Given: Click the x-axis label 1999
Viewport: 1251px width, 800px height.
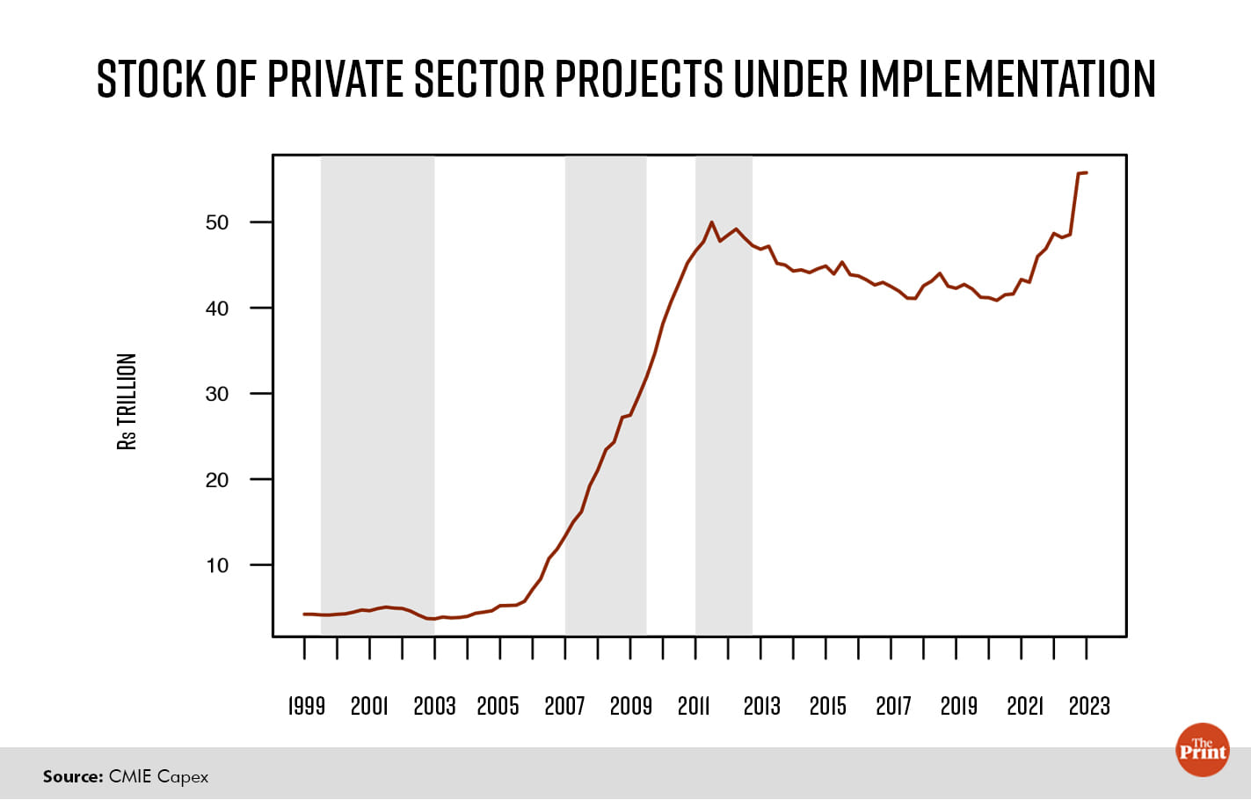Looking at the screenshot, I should (x=307, y=706).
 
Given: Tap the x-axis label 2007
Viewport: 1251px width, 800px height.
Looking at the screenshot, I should (x=564, y=706).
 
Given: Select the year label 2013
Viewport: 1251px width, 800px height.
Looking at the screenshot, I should (x=761, y=706).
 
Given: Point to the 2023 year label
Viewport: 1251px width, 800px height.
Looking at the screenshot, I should (x=1089, y=706).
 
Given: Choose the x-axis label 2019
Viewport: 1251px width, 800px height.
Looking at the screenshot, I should (x=958, y=706).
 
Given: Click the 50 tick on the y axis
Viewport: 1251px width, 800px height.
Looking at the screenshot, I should (x=217, y=222).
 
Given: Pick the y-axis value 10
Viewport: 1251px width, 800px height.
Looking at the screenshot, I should (x=217, y=565).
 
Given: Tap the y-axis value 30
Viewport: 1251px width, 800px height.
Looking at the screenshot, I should (x=217, y=394).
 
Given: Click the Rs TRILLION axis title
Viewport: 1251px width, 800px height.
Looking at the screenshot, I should (x=127, y=402).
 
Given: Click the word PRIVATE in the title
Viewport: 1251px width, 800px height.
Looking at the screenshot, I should (x=337, y=79).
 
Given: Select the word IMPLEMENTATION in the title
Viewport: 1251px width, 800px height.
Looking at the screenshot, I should (x=1007, y=79).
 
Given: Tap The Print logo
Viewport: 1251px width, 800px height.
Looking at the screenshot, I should (x=1202, y=750).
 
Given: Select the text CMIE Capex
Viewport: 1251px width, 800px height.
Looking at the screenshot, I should (x=159, y=776).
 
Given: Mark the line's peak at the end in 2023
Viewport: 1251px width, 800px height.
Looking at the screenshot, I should (x=1083, y=173).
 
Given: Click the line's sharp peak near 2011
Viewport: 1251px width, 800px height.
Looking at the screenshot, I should (x=712, y=222).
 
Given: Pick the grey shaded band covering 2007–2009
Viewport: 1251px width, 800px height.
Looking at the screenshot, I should (x=606, y=396).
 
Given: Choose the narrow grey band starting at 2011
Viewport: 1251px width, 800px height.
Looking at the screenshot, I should (x=724, y=396).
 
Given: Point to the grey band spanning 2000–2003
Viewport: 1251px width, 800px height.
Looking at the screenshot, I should (x=377, y=396).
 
